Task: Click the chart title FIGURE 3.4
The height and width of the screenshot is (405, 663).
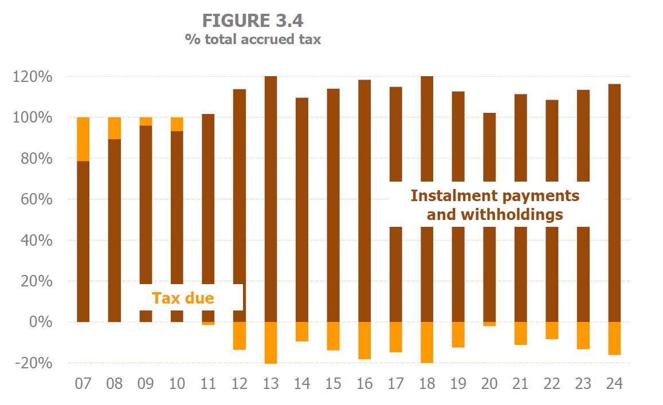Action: click(252, 21)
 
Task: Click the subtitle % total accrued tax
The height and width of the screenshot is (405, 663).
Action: click(252, 40)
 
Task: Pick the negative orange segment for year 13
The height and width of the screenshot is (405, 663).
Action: click(271, 343)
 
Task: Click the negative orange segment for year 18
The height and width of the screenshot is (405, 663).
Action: click(427, 342)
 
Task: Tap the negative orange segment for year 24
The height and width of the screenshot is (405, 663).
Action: click(614, 338)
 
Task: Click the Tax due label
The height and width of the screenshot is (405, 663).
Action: click(183, 298)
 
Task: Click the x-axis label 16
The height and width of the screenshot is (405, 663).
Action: click(364, 383)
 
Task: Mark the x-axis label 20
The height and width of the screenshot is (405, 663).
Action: click(489, 383)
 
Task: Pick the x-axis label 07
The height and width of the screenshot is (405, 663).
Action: click(83, 383)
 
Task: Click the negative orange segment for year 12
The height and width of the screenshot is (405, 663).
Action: click(240, 336)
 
